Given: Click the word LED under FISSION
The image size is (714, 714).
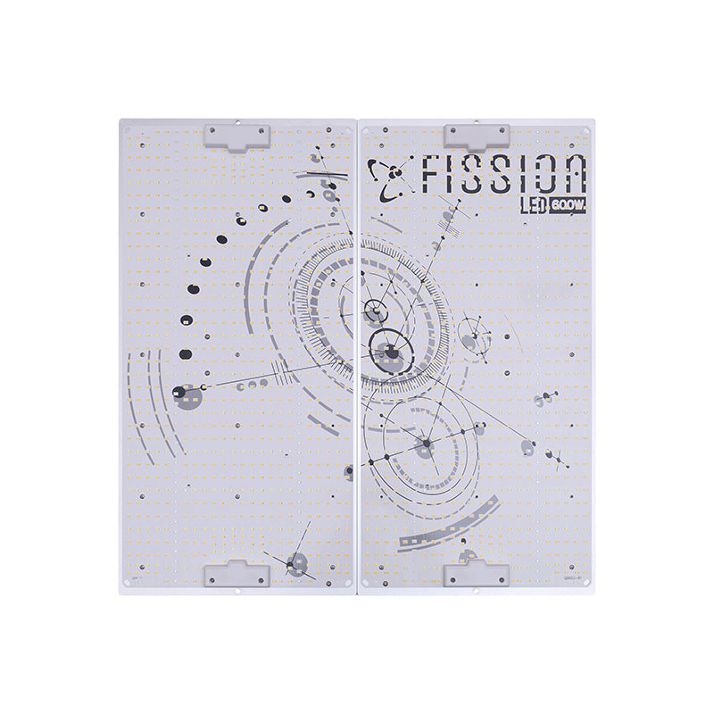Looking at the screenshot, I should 535,206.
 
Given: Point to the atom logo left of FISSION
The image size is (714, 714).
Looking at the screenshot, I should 392,178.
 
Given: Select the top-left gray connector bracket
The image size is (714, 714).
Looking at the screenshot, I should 237,136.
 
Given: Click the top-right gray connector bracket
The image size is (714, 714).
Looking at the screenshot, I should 477,136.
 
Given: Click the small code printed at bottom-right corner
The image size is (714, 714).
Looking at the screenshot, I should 572,578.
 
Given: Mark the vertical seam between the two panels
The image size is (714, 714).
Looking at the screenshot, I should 357,357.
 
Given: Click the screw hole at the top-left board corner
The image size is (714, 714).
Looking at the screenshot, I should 127,129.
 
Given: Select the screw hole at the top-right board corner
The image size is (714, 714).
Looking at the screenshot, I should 586,129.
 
